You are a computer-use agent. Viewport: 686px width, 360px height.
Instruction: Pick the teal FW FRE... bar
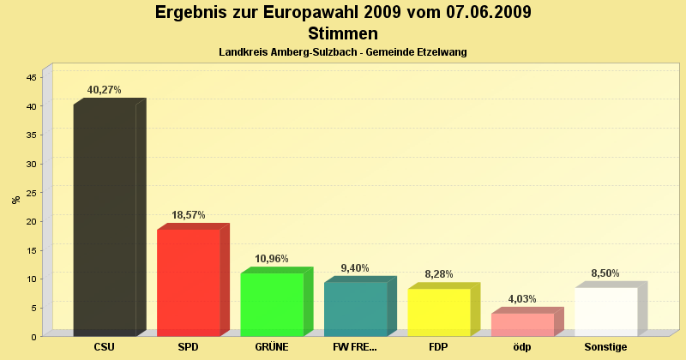(355, 309)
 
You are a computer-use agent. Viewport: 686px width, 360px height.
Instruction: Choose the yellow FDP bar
(438, 312)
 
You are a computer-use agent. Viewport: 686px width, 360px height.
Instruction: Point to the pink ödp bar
(522, 324)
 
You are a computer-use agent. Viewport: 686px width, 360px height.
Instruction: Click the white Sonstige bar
(605, 311)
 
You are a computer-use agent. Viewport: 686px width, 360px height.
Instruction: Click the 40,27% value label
(105, 90)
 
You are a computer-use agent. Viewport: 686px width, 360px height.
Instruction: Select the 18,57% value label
(188, 215)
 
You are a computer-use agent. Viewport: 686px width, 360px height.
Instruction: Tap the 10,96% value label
(272, 259)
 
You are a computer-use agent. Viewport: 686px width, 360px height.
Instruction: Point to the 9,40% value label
(355, 268)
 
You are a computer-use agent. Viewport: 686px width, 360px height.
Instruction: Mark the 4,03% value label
(522, 299)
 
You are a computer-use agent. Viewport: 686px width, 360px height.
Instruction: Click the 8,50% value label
(605, 273)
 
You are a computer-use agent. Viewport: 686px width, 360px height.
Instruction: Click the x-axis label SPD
(188, 347)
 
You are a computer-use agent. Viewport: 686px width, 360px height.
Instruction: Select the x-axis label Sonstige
(605, 347)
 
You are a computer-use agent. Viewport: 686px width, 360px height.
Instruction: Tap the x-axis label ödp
(522, 347)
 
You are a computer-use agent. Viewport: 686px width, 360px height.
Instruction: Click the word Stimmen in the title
(343, 34)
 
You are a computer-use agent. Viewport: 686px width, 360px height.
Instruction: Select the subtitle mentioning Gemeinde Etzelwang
(343, 52)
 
